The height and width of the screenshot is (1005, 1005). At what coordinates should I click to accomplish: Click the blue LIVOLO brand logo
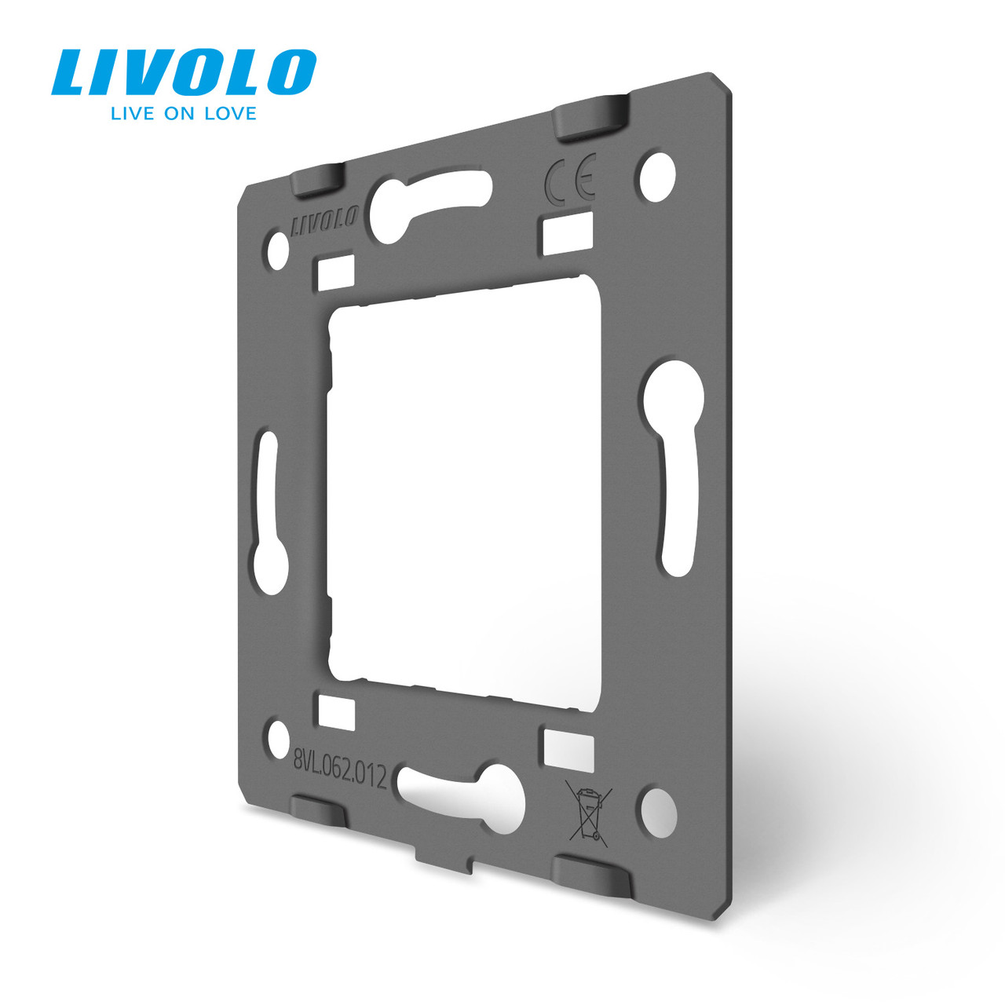(x=184, y=72)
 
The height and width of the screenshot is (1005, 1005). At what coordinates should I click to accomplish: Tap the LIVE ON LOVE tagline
(x=184, y=114)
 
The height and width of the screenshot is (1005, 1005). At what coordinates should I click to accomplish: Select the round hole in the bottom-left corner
(x=279, y=739)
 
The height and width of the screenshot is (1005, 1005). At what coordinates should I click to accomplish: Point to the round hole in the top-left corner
(x=278, y=250)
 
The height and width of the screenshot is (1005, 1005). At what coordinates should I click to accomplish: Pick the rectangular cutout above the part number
(x=336, y=711)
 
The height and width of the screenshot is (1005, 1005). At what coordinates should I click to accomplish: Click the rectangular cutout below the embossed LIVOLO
(x=336, y=273)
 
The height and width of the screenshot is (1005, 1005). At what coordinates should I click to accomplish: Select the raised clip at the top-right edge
(x=592, y=115)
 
